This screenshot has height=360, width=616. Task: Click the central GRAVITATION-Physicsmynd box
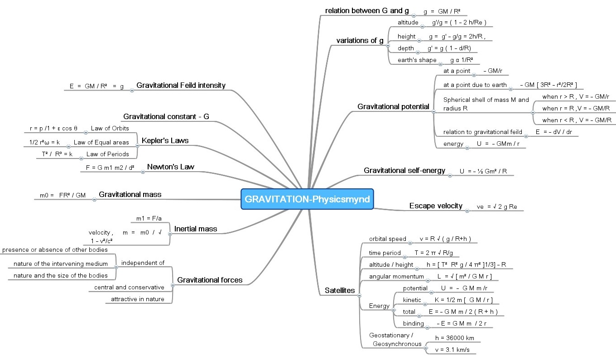click(x=307, y=199)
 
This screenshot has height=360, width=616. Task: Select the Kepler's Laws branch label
click(x=165, y=140)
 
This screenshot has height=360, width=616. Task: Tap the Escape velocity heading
click(x=436, y=206)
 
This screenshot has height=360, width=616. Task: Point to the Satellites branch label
click(x=340, y=290)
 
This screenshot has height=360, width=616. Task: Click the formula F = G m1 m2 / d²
click(x=110, y=168)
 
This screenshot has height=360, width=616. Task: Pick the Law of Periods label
click(x=107, y=154)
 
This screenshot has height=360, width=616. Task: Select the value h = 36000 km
click(x=455, y=338)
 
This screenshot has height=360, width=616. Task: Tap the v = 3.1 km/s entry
click(x=452, y=350)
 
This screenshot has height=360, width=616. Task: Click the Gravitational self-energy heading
click(x=404, y=171)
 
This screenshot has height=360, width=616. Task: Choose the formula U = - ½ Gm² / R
click(x=483, y=171)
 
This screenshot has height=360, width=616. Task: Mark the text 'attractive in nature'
click(x=138, y=299)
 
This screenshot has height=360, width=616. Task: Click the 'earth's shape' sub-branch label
click(x=417, y=60)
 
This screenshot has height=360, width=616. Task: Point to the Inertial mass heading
click(x=196, y=229)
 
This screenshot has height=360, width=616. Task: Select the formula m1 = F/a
click(x=149, y=218)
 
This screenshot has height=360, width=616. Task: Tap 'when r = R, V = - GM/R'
click(x=576, y=108)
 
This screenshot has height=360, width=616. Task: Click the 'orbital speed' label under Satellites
click(x=387, y=239)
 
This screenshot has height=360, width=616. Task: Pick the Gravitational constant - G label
click(x=166, y=117)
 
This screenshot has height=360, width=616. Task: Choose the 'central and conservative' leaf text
click(x=129, y=287)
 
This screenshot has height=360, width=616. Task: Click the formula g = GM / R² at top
click(x=442, y=11)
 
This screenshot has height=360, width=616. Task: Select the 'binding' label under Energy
click(x=414, y=323)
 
